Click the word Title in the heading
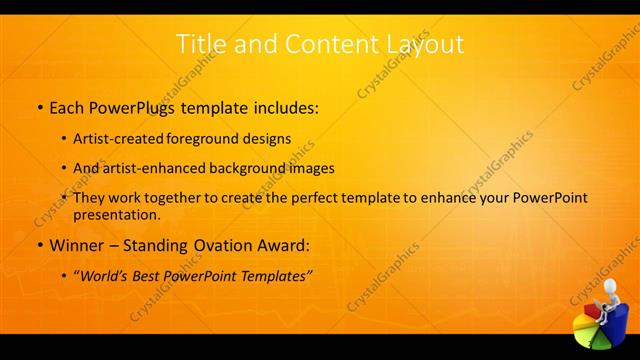pyautogui.click(x=200, y=44)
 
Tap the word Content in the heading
pyautogui.click(x=312, y=44)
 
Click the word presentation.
pyautogui.click(x=117, y=214)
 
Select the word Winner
pyautogui.click(x=75, y=244)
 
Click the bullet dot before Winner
pyautogui.click(x=40, y=245)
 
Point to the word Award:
pyautogui.click(x=280, y=244)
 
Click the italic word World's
pyautogui.click(x=105, y=274)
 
